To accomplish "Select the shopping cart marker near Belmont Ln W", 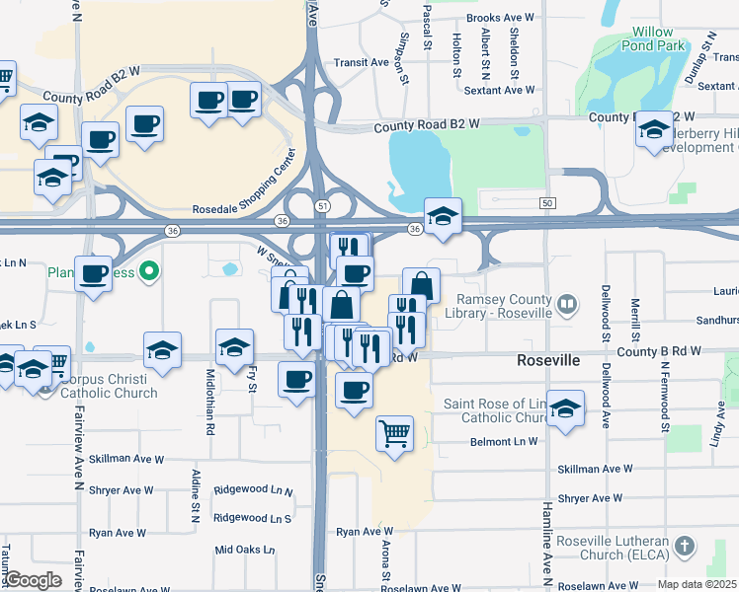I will [x=395, y=432].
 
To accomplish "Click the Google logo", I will [x=33, y=580].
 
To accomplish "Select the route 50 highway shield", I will [x=546, y=202].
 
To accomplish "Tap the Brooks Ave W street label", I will [x=500, y=18].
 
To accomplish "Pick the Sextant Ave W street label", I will [x=499, y=90].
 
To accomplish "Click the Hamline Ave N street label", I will [x=546, y=553].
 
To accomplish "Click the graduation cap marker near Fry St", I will [x=234, y=347].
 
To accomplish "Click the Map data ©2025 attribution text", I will [x=697, y=584].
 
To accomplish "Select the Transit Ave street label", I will [x=361, y=62].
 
